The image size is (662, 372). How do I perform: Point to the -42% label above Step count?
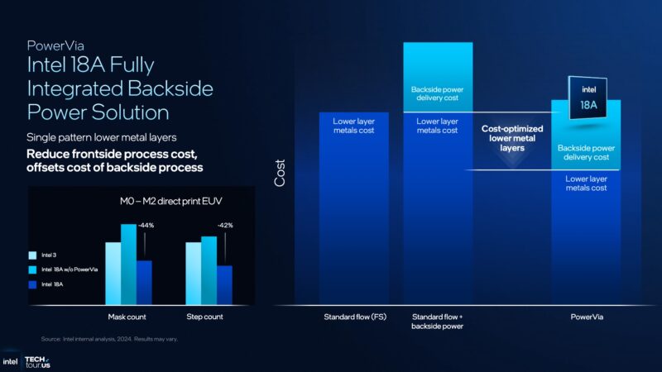click(224, 225)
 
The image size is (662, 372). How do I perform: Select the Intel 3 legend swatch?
click(32, 255)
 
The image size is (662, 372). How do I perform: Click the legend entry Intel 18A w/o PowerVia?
click(69, 269)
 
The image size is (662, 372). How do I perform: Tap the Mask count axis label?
click(128, 317)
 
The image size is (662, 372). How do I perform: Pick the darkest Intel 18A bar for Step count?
click(224, 285)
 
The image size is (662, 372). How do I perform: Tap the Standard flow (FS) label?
click(353, 316)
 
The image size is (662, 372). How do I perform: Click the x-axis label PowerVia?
click(586, 316)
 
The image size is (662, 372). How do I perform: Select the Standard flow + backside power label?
click(438, 321)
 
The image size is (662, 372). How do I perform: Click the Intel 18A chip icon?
click(586, 103)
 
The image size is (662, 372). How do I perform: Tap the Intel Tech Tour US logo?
click(27, 361)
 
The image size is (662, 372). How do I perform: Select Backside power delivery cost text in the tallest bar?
click(438, 94)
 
